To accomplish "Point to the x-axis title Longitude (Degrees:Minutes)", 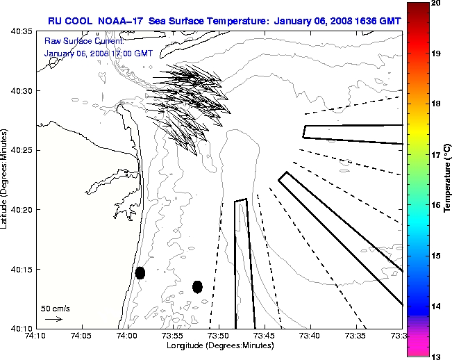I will (218, 346).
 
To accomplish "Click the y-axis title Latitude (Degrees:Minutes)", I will (6, 179).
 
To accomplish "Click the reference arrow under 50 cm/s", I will (53, 319).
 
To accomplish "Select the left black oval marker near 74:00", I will (140, 272).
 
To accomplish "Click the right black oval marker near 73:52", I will (197, 286).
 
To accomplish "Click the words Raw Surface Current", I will (75, 41).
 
